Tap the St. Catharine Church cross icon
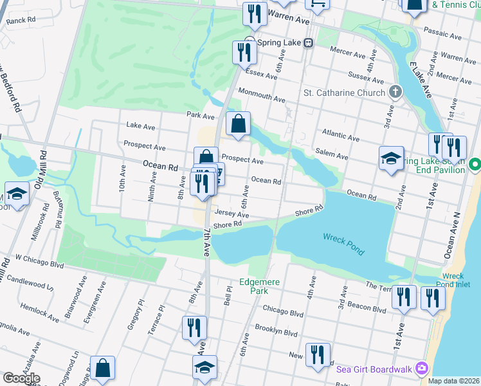395,93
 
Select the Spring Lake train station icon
309,43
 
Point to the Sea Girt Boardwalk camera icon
422,369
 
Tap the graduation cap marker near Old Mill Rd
17,193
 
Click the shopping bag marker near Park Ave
238,124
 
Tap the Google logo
21,378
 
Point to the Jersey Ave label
231,214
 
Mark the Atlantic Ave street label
341,133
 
